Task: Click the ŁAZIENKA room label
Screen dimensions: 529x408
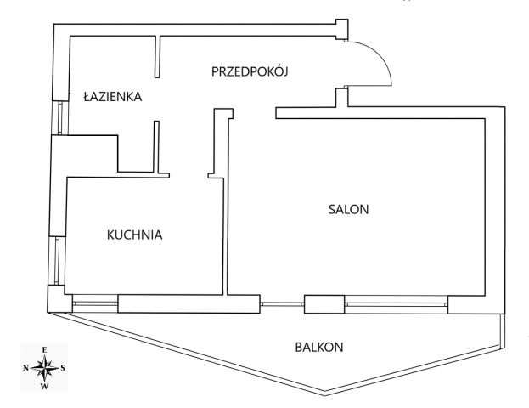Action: tap(113, 97)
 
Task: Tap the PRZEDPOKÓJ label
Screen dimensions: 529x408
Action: tap(250, 71)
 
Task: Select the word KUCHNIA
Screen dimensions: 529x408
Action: tap(135, 235)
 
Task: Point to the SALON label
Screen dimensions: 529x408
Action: tap(348, 209)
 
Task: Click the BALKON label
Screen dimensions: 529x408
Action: tap(319, 347)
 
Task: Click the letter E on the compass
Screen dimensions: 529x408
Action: tap(44, 350)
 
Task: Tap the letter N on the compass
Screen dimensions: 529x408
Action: tap(25, 368)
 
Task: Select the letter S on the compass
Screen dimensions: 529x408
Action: tap(63, 368)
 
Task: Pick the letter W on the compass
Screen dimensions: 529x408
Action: tap(44, 387)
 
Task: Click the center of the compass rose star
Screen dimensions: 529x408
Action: tap(44, 368)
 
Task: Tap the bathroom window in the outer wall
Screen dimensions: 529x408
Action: tap(60, 118)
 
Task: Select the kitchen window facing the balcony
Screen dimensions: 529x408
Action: tap(95, 303)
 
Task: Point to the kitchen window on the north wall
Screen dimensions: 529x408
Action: tap(57, 260)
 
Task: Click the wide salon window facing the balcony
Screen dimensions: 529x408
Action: tap(397, 304)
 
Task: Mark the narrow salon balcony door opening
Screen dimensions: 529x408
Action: tap(282, 304)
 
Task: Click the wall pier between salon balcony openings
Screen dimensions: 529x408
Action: tap(324, 304)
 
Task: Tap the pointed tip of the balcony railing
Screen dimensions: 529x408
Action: tap(324, 394)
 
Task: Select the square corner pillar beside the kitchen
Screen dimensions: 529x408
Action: tap(59, 299)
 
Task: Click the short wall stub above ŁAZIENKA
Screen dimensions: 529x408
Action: tap(157, 57)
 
